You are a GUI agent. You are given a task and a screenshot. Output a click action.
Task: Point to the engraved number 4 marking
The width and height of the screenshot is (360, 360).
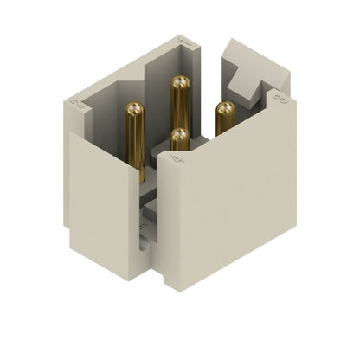177,160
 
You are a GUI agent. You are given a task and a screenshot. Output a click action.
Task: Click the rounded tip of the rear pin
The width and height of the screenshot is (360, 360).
180,83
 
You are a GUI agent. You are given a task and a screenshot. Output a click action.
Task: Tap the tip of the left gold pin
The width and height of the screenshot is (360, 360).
135,109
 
